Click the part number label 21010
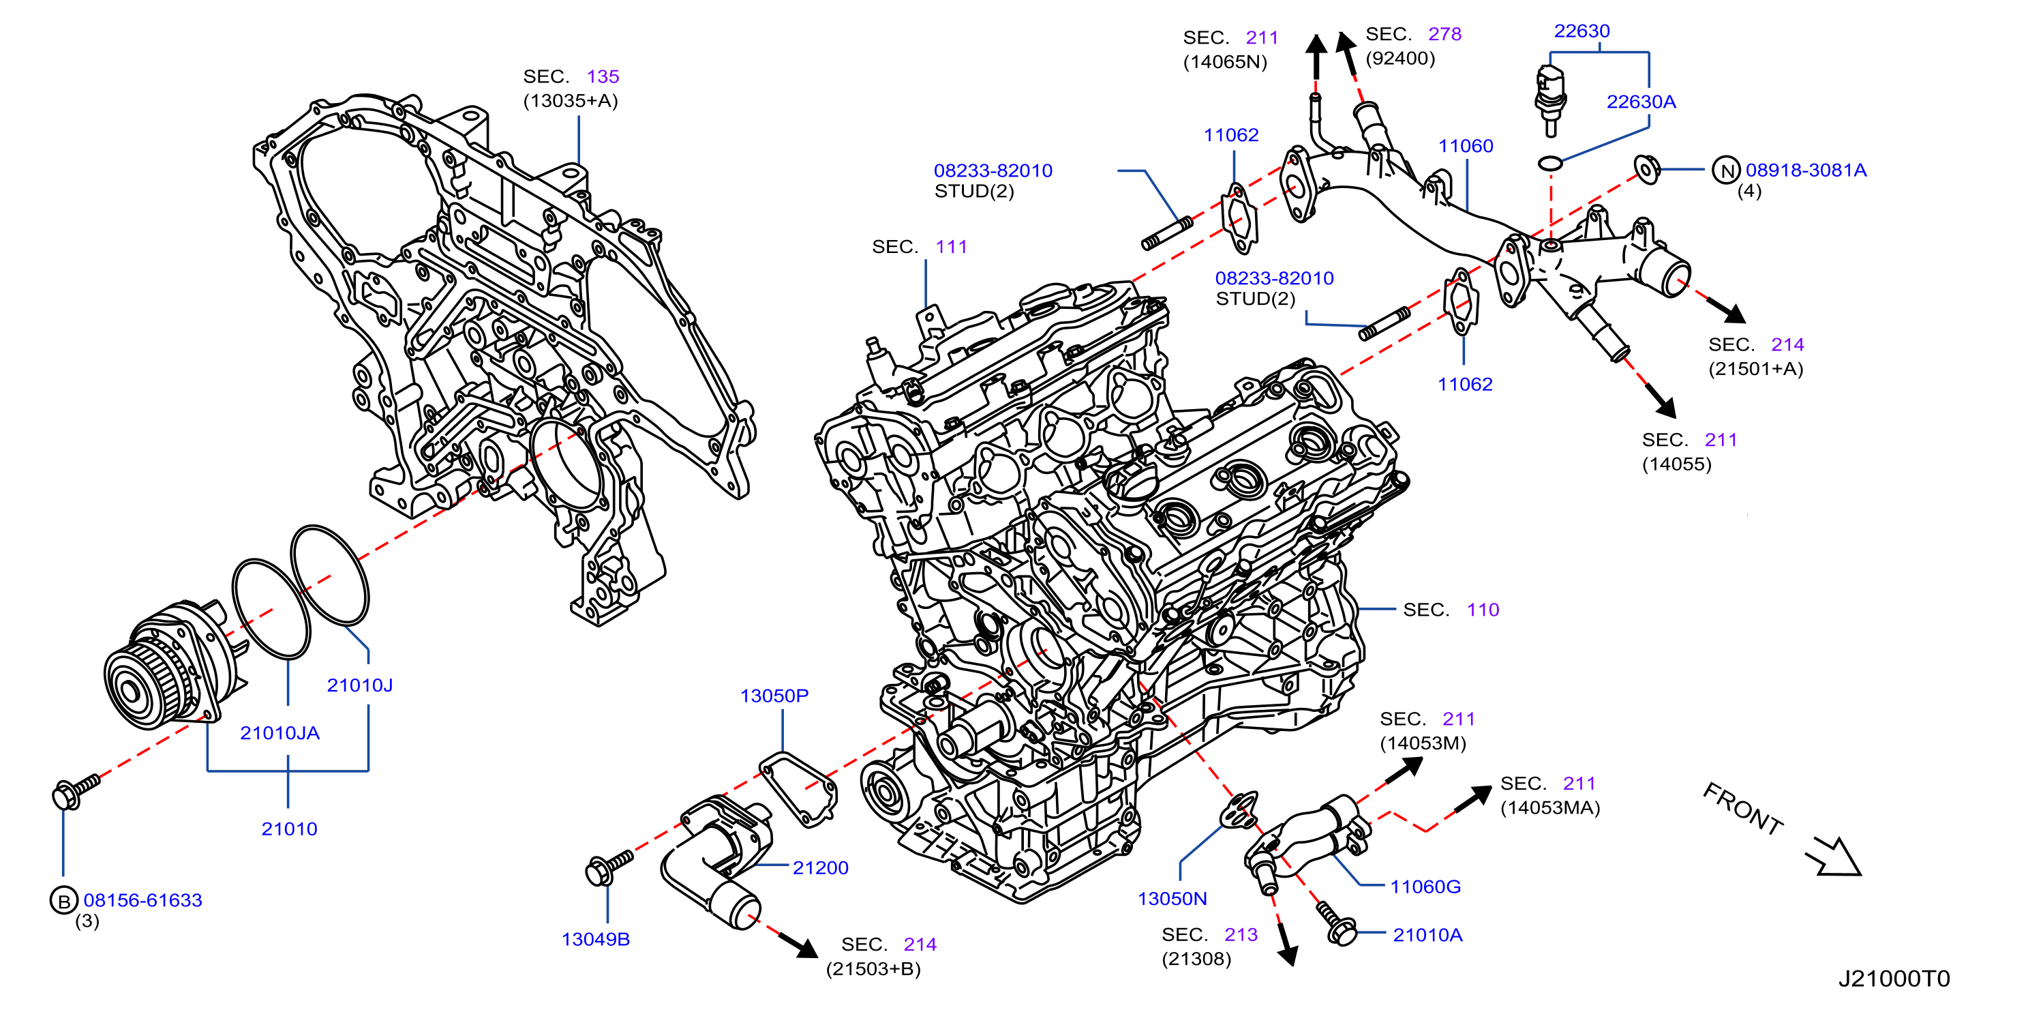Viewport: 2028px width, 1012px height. (x=289, y=829)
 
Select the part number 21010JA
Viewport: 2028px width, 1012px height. (x=279, y=732)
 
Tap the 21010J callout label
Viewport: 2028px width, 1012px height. (x=359, y=685)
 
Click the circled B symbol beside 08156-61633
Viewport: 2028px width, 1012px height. (x=64, y=900)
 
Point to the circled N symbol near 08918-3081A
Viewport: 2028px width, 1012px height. (x=1726, y=170)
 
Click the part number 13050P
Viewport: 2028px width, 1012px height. (x=774, y=696)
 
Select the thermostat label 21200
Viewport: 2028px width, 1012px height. (x=820, y=868)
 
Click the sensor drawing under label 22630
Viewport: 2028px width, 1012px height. (x=1550, y=101)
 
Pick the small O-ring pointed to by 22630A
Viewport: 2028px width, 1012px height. (x=1550, y=163)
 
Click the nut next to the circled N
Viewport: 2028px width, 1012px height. (x=1647, y=169)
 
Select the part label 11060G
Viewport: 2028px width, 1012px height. (x=1425, y=887)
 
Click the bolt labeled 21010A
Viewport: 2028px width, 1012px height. (x=1336, y=923)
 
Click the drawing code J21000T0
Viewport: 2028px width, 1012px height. (x=1894, y=979)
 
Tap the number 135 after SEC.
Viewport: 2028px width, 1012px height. (x=603, y=76)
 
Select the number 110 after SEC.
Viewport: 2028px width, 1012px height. (x=1483, y=610)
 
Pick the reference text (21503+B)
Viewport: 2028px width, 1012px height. (x=873, y=968)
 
